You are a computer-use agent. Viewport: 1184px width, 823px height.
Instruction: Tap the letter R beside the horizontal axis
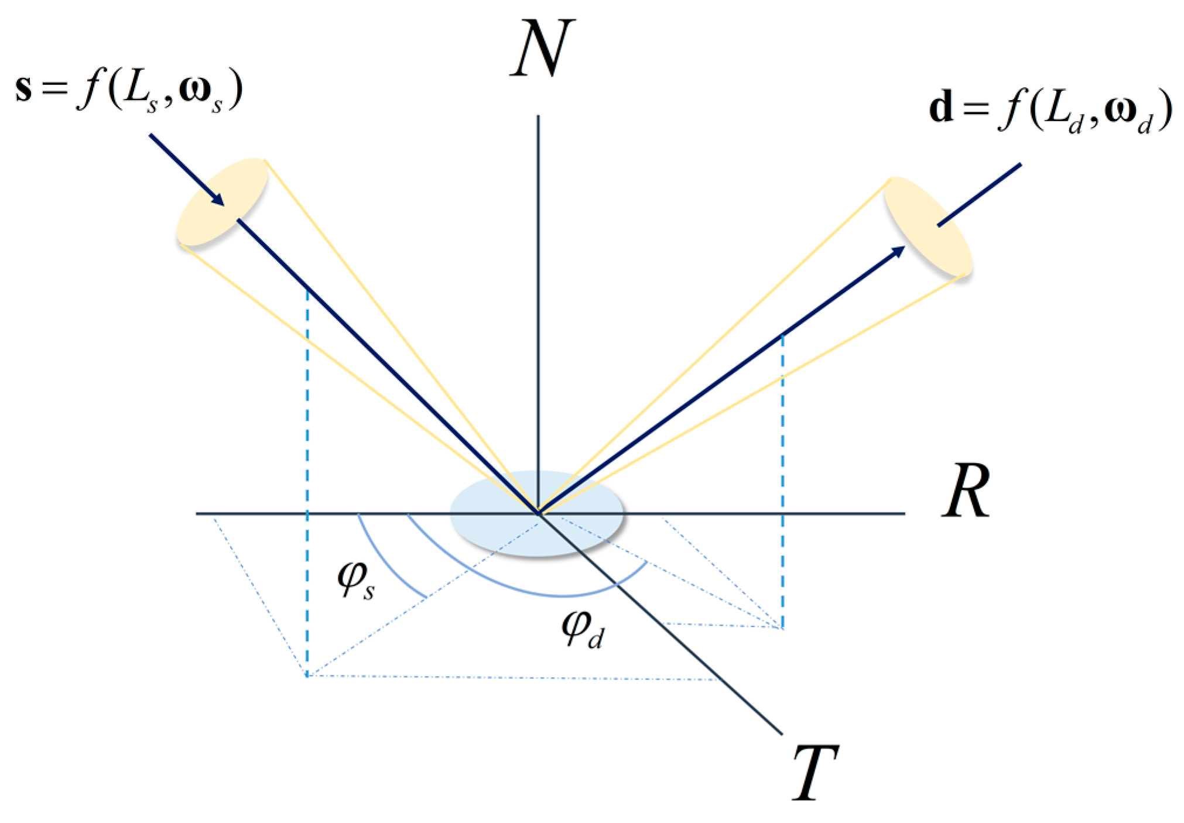[966, 491]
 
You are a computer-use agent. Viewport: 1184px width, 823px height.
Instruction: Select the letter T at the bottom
[815, 773]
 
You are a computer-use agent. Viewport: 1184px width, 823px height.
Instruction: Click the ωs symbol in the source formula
[202, 94]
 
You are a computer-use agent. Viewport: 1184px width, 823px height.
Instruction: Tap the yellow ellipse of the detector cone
[928, 226]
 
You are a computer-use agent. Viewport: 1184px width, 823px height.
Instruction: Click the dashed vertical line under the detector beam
[782, 468]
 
